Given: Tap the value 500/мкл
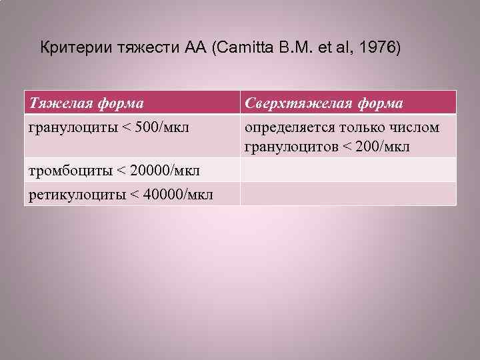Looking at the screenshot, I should [159, 127].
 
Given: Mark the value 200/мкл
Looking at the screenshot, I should [381, 145].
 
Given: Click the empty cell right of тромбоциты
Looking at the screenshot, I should [348, 170].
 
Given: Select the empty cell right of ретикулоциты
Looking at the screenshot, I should [348, 194].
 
